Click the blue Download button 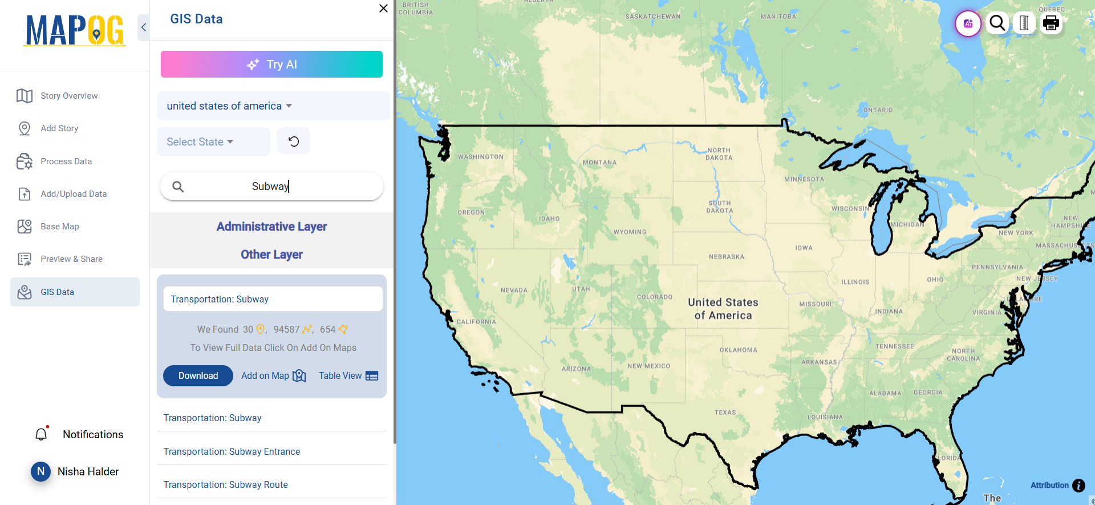198,375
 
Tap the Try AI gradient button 271,64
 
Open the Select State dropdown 200,142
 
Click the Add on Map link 273,375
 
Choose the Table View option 348,375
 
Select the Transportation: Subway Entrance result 232,451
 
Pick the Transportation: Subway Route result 225,484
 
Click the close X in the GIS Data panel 383,9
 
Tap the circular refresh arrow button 293,142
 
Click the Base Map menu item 59,227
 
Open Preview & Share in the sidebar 71,259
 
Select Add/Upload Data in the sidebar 74,194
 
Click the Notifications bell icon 41,435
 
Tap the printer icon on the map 1051,23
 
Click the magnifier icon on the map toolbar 997,23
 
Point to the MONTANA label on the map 599,163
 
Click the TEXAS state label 725,412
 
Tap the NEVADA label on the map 514,290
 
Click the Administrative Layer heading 271,227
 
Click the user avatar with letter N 40,471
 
